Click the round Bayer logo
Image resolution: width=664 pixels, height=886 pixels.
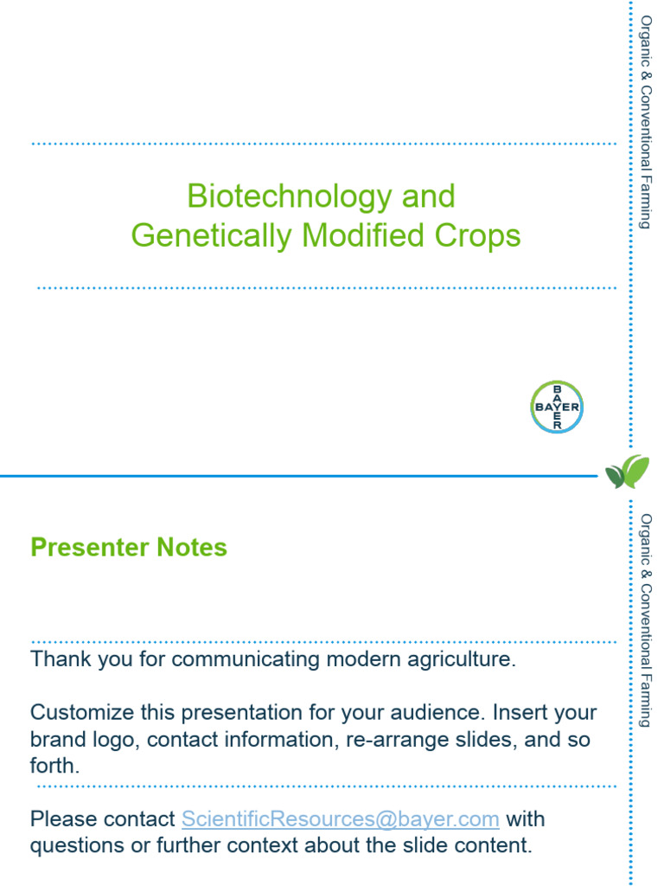click(x=556, y=407)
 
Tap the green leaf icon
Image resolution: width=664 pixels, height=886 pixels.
click(x=627, y=472)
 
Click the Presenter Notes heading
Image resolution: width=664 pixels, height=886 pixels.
click(x=129, y=548)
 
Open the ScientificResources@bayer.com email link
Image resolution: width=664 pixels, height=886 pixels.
click(x=340, y=819)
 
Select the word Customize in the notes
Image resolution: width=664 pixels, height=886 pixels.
click(x=82, y=713)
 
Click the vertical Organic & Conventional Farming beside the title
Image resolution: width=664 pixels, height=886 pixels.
click(x=645, y=121)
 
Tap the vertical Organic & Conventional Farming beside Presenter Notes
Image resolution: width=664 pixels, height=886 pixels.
click(x=645, y=620)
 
